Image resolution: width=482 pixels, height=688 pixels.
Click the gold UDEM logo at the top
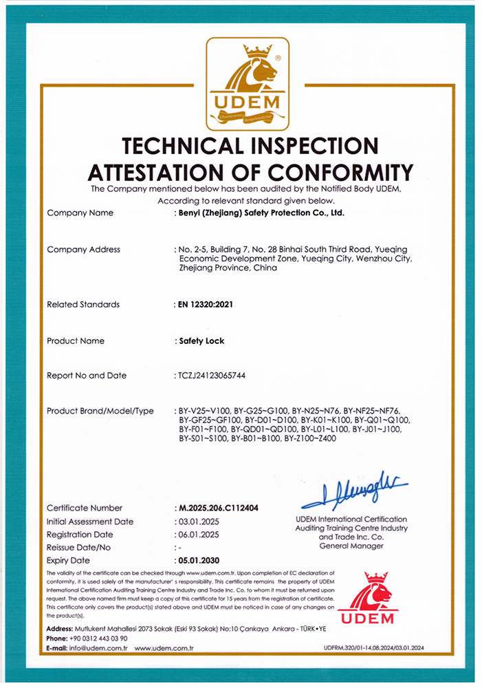[x=248, y=84]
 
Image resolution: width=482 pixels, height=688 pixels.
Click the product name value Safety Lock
[x=201, y=341]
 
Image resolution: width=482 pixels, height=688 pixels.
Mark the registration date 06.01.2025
[x=198, y=534]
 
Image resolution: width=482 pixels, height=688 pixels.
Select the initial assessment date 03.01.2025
[x=198, y=522]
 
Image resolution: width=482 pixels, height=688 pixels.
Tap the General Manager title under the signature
[x=351, y=546]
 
